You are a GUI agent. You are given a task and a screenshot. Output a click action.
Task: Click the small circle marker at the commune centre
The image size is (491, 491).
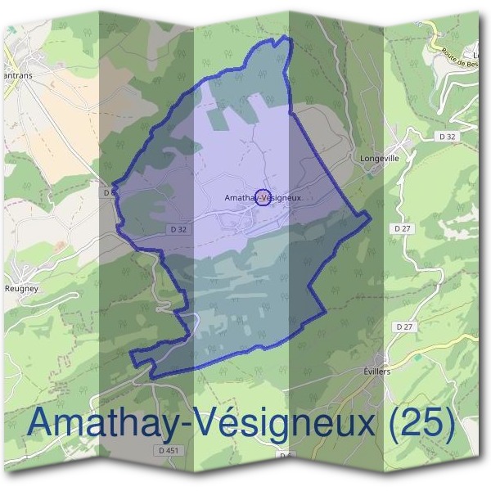pos(263,197)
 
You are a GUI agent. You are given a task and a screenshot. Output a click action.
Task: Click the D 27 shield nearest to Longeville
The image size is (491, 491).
pos(402,229)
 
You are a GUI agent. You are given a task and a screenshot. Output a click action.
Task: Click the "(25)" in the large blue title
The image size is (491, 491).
pos(421,423)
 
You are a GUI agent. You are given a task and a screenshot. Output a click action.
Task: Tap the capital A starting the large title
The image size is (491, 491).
pos(44,423)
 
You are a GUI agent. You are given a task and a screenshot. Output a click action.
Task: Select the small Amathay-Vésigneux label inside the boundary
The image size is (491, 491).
pos(257,198)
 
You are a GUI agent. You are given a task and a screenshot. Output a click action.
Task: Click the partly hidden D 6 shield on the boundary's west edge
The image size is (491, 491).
pos(110,193)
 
